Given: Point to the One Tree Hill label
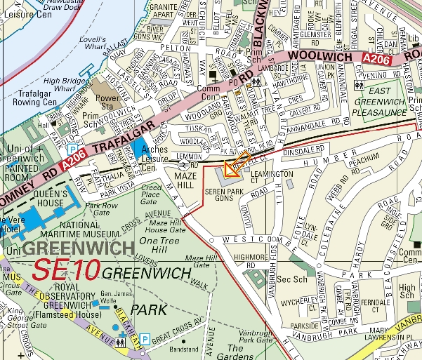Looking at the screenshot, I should (x=160, y=246).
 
